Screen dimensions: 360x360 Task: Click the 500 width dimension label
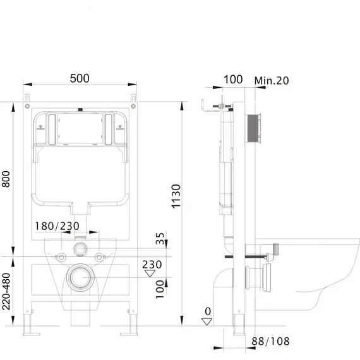point(80,78)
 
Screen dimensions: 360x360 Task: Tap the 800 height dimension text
point(6,179)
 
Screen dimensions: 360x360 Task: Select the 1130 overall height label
point(176,196)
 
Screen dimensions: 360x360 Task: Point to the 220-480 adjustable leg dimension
point(6,291)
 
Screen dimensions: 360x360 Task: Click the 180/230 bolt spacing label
point(57,226)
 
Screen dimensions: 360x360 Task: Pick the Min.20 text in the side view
point(272,80)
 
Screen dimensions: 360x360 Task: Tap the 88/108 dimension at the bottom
point(270,342)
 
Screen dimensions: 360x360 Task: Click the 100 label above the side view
point(233,80)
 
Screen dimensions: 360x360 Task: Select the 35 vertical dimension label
point(160,239)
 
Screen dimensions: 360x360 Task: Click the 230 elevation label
point(152,265)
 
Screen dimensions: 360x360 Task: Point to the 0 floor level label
point(208,311)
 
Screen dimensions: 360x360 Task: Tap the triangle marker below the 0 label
point(207,321)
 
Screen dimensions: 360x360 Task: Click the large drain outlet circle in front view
point(80,277)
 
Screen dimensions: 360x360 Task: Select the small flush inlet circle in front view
point(80,249)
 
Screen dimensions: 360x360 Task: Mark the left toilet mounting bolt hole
point(61,257)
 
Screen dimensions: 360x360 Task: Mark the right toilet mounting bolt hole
point(99,257)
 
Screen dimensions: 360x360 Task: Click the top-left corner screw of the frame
point(27,106)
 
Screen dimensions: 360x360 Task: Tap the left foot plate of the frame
point(32,334)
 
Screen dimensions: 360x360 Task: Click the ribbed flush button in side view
point(254,128)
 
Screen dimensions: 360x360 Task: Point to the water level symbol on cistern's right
point(120,127)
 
